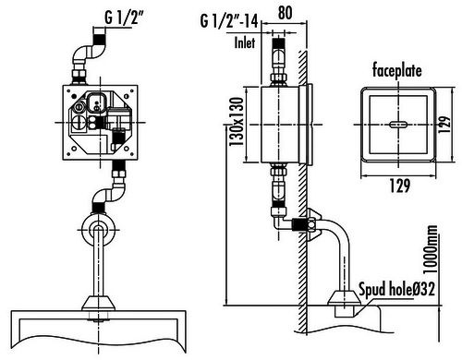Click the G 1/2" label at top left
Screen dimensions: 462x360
coord(124,18)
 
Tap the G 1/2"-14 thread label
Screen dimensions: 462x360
coord(229,21)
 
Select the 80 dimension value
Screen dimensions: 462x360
coord(285,13)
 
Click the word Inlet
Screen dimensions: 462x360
coord(245,42)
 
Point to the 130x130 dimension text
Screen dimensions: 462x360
coord(237,122)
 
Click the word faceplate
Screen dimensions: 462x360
coord(396,70)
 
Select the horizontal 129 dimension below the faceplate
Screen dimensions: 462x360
coord(400,186)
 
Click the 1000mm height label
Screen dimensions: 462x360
coord(431,249)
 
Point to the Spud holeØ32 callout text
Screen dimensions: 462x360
coord(397,290)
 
